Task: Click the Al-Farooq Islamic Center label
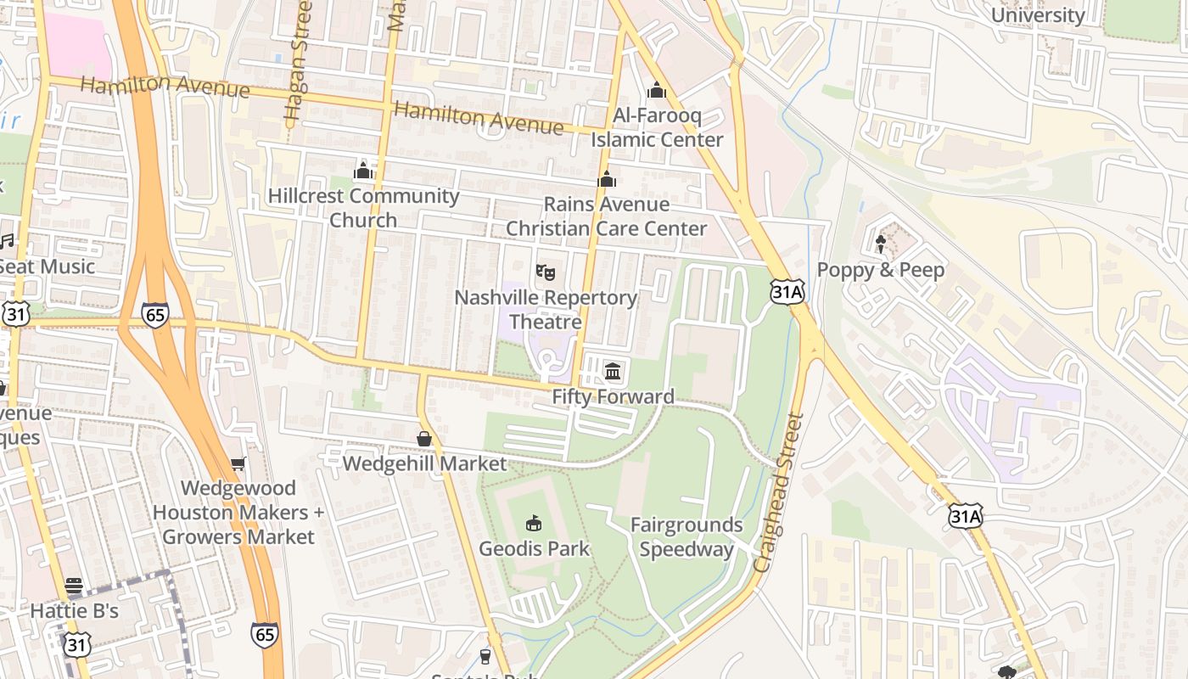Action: tap(657, 127)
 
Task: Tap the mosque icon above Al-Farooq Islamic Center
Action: tap(657, 90)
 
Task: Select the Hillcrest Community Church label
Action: tap(363, 208)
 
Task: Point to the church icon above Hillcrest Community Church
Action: tap(363, 171)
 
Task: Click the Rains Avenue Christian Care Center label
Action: tap(606, 216)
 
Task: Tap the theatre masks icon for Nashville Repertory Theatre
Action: tap(546, 272)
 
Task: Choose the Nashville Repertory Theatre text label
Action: tap(546, 310)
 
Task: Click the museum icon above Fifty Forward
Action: tap(613, 370)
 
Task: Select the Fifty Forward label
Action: tap(613, 396)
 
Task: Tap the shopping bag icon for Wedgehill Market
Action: tap(424, 438)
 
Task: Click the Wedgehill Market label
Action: tap(424, 463)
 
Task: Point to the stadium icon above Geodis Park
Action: tap(534, 523)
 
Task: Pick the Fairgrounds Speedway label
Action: tap(686, 537)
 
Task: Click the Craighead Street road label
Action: tap(779, 492)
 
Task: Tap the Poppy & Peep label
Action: tap(880, 270)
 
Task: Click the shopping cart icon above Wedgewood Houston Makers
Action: tap(238, 463)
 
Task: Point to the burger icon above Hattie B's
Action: tap(74, 586)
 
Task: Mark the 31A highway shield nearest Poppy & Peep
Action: tap(787, 293)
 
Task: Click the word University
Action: tap(1037, 15)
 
